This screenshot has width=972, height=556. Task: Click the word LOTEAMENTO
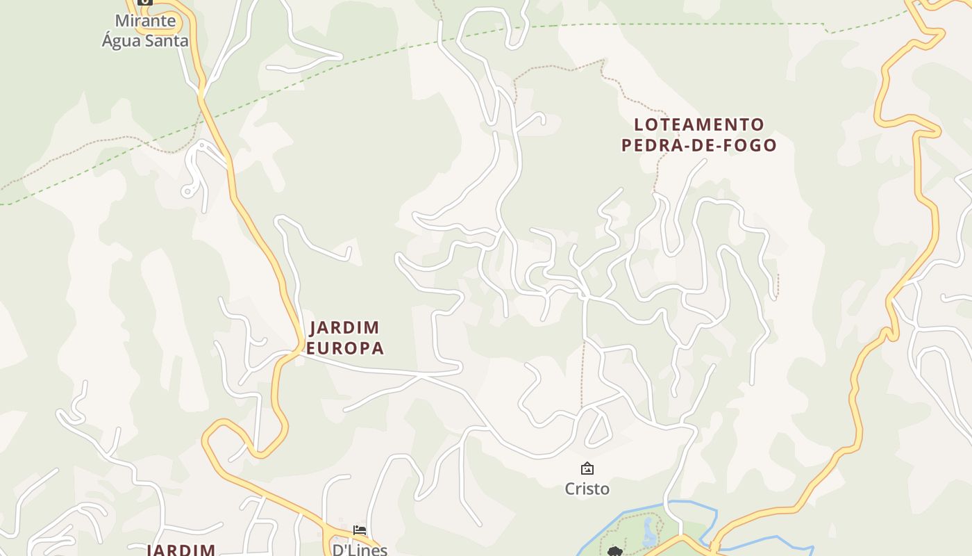click(x=698, y=125)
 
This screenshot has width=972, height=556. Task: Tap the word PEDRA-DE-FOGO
click(x=698, y=145)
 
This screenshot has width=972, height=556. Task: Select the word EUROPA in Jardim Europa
click(x=345, y=348)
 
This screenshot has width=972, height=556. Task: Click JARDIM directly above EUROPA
click(x=344, y=327)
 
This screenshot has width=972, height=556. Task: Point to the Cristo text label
click(x=587, y=489)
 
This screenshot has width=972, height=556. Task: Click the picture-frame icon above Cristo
click(x=587, y=468)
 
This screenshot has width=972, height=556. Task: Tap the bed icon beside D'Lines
click(x=360, y=530)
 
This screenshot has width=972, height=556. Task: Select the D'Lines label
click(x=360, y=550)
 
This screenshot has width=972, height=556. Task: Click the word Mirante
click(x=146, y=21)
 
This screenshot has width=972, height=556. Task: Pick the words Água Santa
click(x=145, y=40)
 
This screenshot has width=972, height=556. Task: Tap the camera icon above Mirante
click(x=145, y=2)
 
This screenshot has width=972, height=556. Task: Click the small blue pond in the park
click(x=650, y=532)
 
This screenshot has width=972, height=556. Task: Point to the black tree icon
click(x=614, y=552)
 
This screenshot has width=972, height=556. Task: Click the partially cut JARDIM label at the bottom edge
click(x=182, y=550)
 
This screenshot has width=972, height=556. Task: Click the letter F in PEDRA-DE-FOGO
click(x=727, y=145)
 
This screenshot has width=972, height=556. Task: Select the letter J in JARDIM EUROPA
click(x=312, y=328)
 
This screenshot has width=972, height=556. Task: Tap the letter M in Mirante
click(x=121, y=21)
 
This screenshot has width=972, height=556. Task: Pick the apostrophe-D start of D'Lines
click(x=338, y=550)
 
